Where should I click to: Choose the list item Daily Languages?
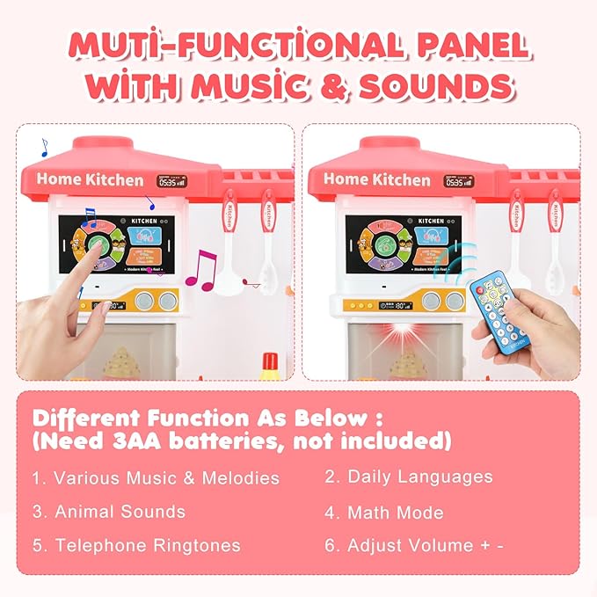(x=409, y=477)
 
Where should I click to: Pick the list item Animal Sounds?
(x=109, y=512)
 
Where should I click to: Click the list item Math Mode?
(x=384, y=512)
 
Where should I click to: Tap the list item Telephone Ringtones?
(x=136, y=545)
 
